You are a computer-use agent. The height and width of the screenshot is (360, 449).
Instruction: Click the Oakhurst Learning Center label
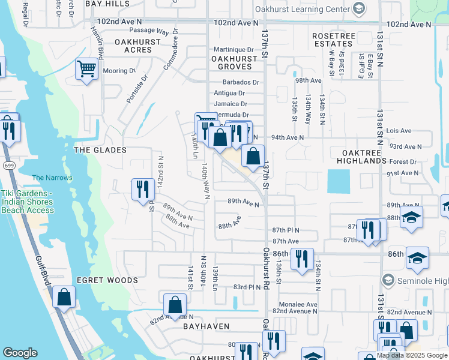[302, 9]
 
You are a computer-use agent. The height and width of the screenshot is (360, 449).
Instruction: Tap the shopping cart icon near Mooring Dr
[87, 70]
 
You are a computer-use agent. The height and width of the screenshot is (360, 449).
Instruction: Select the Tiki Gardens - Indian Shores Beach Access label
[28, 202]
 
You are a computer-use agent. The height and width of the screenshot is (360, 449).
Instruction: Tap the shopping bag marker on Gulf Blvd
[64, 298]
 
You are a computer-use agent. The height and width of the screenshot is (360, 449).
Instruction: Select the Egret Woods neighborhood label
[107, 280]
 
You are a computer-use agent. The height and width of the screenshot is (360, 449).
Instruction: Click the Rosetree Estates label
[333, 40]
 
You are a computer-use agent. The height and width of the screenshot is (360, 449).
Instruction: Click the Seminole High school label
[424, 281]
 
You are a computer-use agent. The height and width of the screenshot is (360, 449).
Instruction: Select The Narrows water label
[52, 178]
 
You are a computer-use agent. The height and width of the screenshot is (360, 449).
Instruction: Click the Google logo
[20, 353]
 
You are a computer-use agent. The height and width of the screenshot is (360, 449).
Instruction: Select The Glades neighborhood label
[100, 150]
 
